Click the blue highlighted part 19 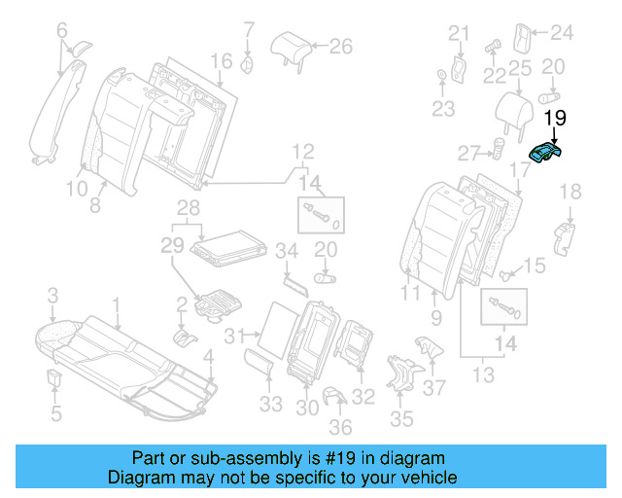click(547, 154)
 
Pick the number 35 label click(401, 420)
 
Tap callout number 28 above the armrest click(188, 208)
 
